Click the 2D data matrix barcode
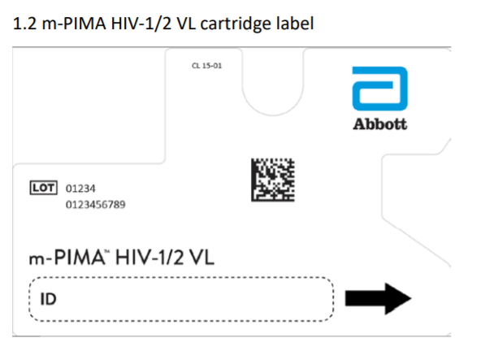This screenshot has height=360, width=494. [x=271, y=179]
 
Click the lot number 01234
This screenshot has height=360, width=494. [x=80, y=189]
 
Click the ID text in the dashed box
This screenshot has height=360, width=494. [x=48, y=300]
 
